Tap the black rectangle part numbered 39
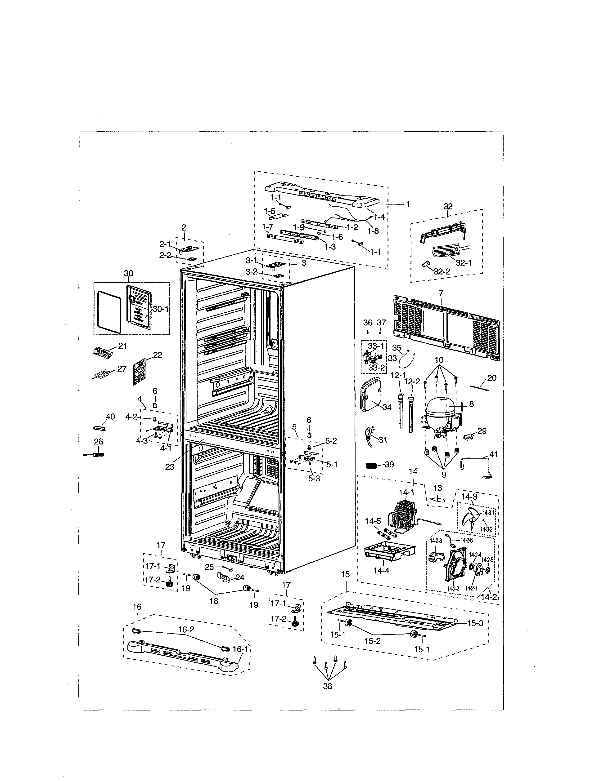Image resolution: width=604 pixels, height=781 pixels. point(371,465)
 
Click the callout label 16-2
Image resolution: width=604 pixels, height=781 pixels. point(186,630)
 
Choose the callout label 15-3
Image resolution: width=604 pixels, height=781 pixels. point(475,623)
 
